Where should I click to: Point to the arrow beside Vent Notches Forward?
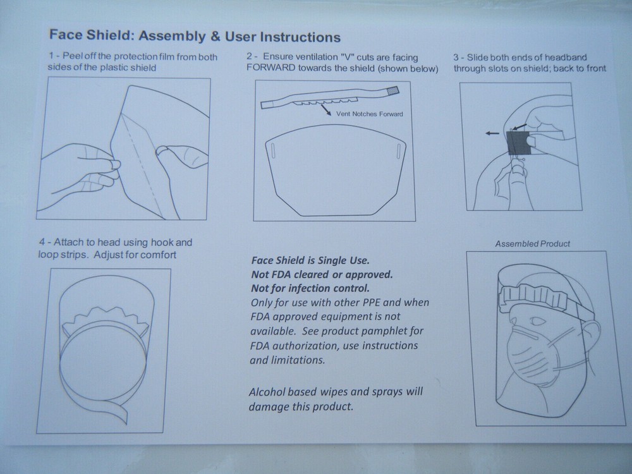click(326, 110)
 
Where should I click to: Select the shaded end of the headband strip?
click(392, 90)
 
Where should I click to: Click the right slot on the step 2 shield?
click(398, 152)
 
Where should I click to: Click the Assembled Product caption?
click(532, 243)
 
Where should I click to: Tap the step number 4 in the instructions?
click(42, 242)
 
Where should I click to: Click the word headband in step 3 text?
click(561, 57)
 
